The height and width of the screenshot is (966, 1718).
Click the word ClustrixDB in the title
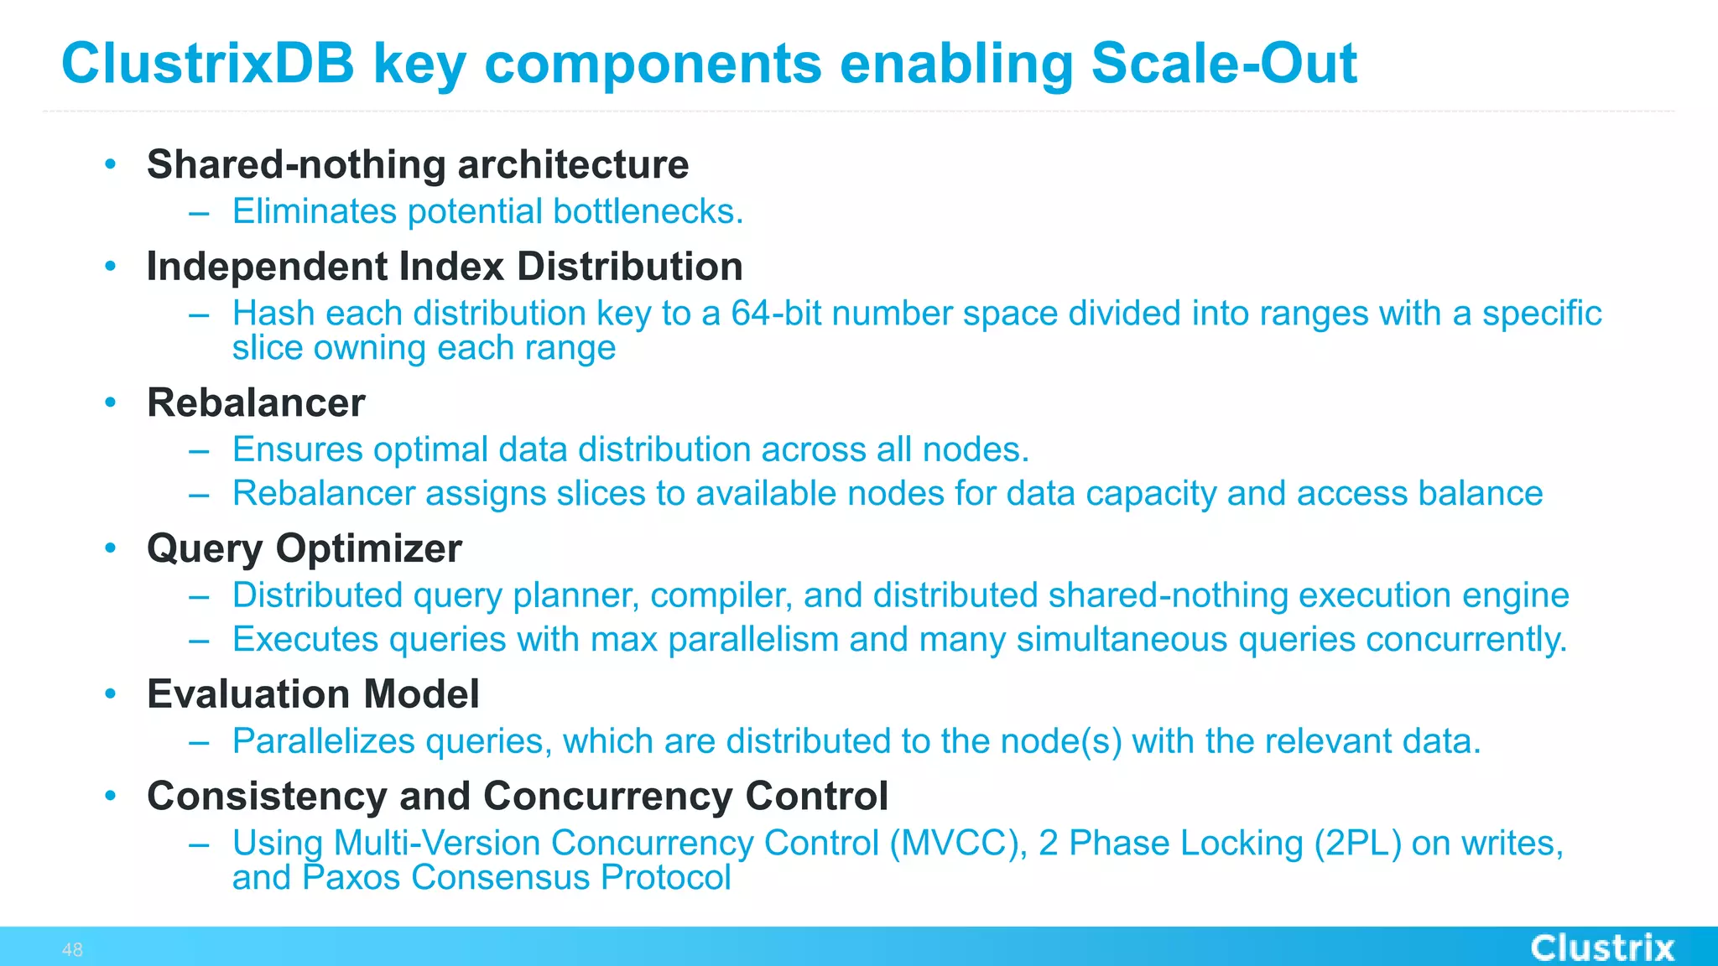point(208,64)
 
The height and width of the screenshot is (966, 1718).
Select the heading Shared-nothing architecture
point(418,164)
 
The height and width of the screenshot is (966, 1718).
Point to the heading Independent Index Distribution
point(445,267)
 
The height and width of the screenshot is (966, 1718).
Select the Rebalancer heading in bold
point(256,402)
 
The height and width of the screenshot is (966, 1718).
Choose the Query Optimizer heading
point(304,548)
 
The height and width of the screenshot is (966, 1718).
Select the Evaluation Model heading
point(313,694)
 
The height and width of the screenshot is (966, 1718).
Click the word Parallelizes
point(323,742)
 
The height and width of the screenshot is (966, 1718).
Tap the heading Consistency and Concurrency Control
point(517,796)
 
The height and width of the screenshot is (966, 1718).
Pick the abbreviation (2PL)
point(1357,844)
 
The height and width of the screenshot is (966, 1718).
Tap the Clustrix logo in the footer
point(1601,948)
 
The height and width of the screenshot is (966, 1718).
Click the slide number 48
point(72,950)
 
